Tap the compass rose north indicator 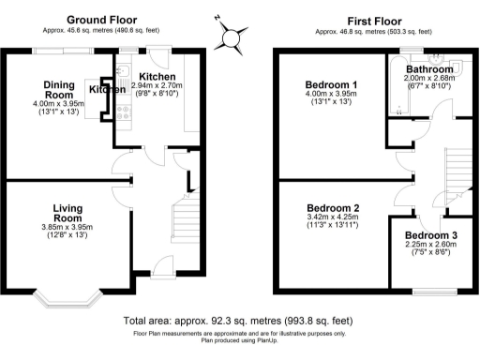(x=230, y=38)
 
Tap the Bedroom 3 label (x=432, y=234)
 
